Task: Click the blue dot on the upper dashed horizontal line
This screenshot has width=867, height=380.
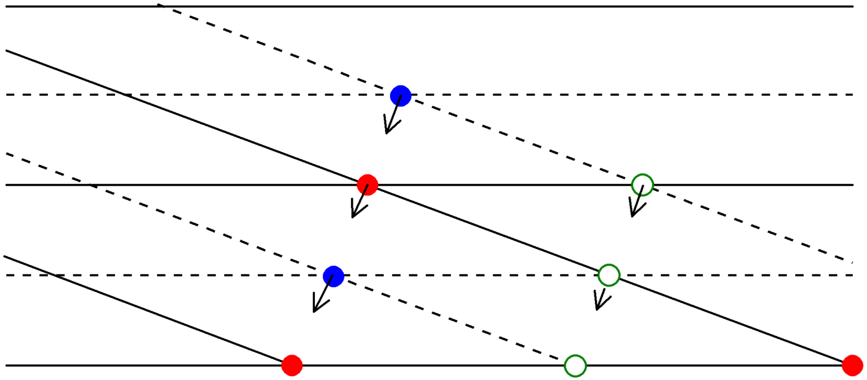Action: pos(400,95)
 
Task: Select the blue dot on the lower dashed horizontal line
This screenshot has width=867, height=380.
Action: pos(333,276)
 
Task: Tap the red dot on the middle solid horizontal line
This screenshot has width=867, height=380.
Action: pos(367,185)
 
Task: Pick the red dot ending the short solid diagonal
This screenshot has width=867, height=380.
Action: pos(292,365)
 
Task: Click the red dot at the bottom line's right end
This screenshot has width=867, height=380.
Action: pos(852,365)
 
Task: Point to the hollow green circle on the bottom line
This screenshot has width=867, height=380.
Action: pos(575,365)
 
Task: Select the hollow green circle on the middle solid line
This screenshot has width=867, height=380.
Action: pos(642,185)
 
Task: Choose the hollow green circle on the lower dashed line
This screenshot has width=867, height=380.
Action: pos(608,275)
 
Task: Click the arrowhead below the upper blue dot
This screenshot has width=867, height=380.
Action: pos(387,130)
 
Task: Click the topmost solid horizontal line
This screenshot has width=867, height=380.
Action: pos(508,6)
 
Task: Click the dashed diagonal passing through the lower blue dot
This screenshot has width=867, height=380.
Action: pos(169,214)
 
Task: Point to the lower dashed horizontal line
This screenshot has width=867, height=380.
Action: pos(169,275)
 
